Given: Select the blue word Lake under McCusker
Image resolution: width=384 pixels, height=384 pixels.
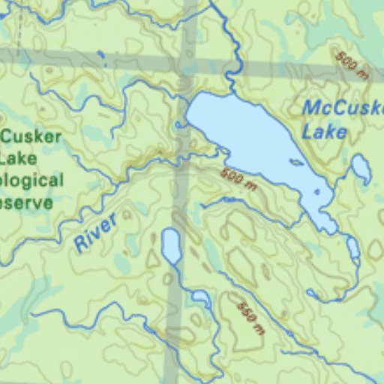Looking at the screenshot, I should [324, 133].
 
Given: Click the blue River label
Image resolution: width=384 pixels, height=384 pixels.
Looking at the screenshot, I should [96, 232].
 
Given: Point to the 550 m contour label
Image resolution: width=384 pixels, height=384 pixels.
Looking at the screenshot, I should [250, 318].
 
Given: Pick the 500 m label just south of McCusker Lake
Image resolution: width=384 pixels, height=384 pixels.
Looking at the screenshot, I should [239, 179].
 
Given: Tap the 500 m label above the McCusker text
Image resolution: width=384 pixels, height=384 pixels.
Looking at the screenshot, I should [352, 66].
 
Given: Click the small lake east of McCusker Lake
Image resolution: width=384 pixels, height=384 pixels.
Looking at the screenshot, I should [361, 169].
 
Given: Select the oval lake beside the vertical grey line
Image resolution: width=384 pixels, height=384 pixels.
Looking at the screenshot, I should [171, 246].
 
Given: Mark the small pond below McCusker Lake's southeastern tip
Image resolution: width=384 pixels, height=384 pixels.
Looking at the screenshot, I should [352, 247].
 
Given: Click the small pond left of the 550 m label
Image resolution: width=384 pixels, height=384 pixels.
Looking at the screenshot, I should [201, 298].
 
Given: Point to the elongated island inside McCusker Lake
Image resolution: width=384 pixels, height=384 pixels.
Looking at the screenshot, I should [296, 162].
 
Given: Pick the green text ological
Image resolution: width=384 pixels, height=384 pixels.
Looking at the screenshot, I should [31, 181].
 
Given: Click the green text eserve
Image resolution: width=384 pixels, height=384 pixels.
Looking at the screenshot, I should [27, 203].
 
